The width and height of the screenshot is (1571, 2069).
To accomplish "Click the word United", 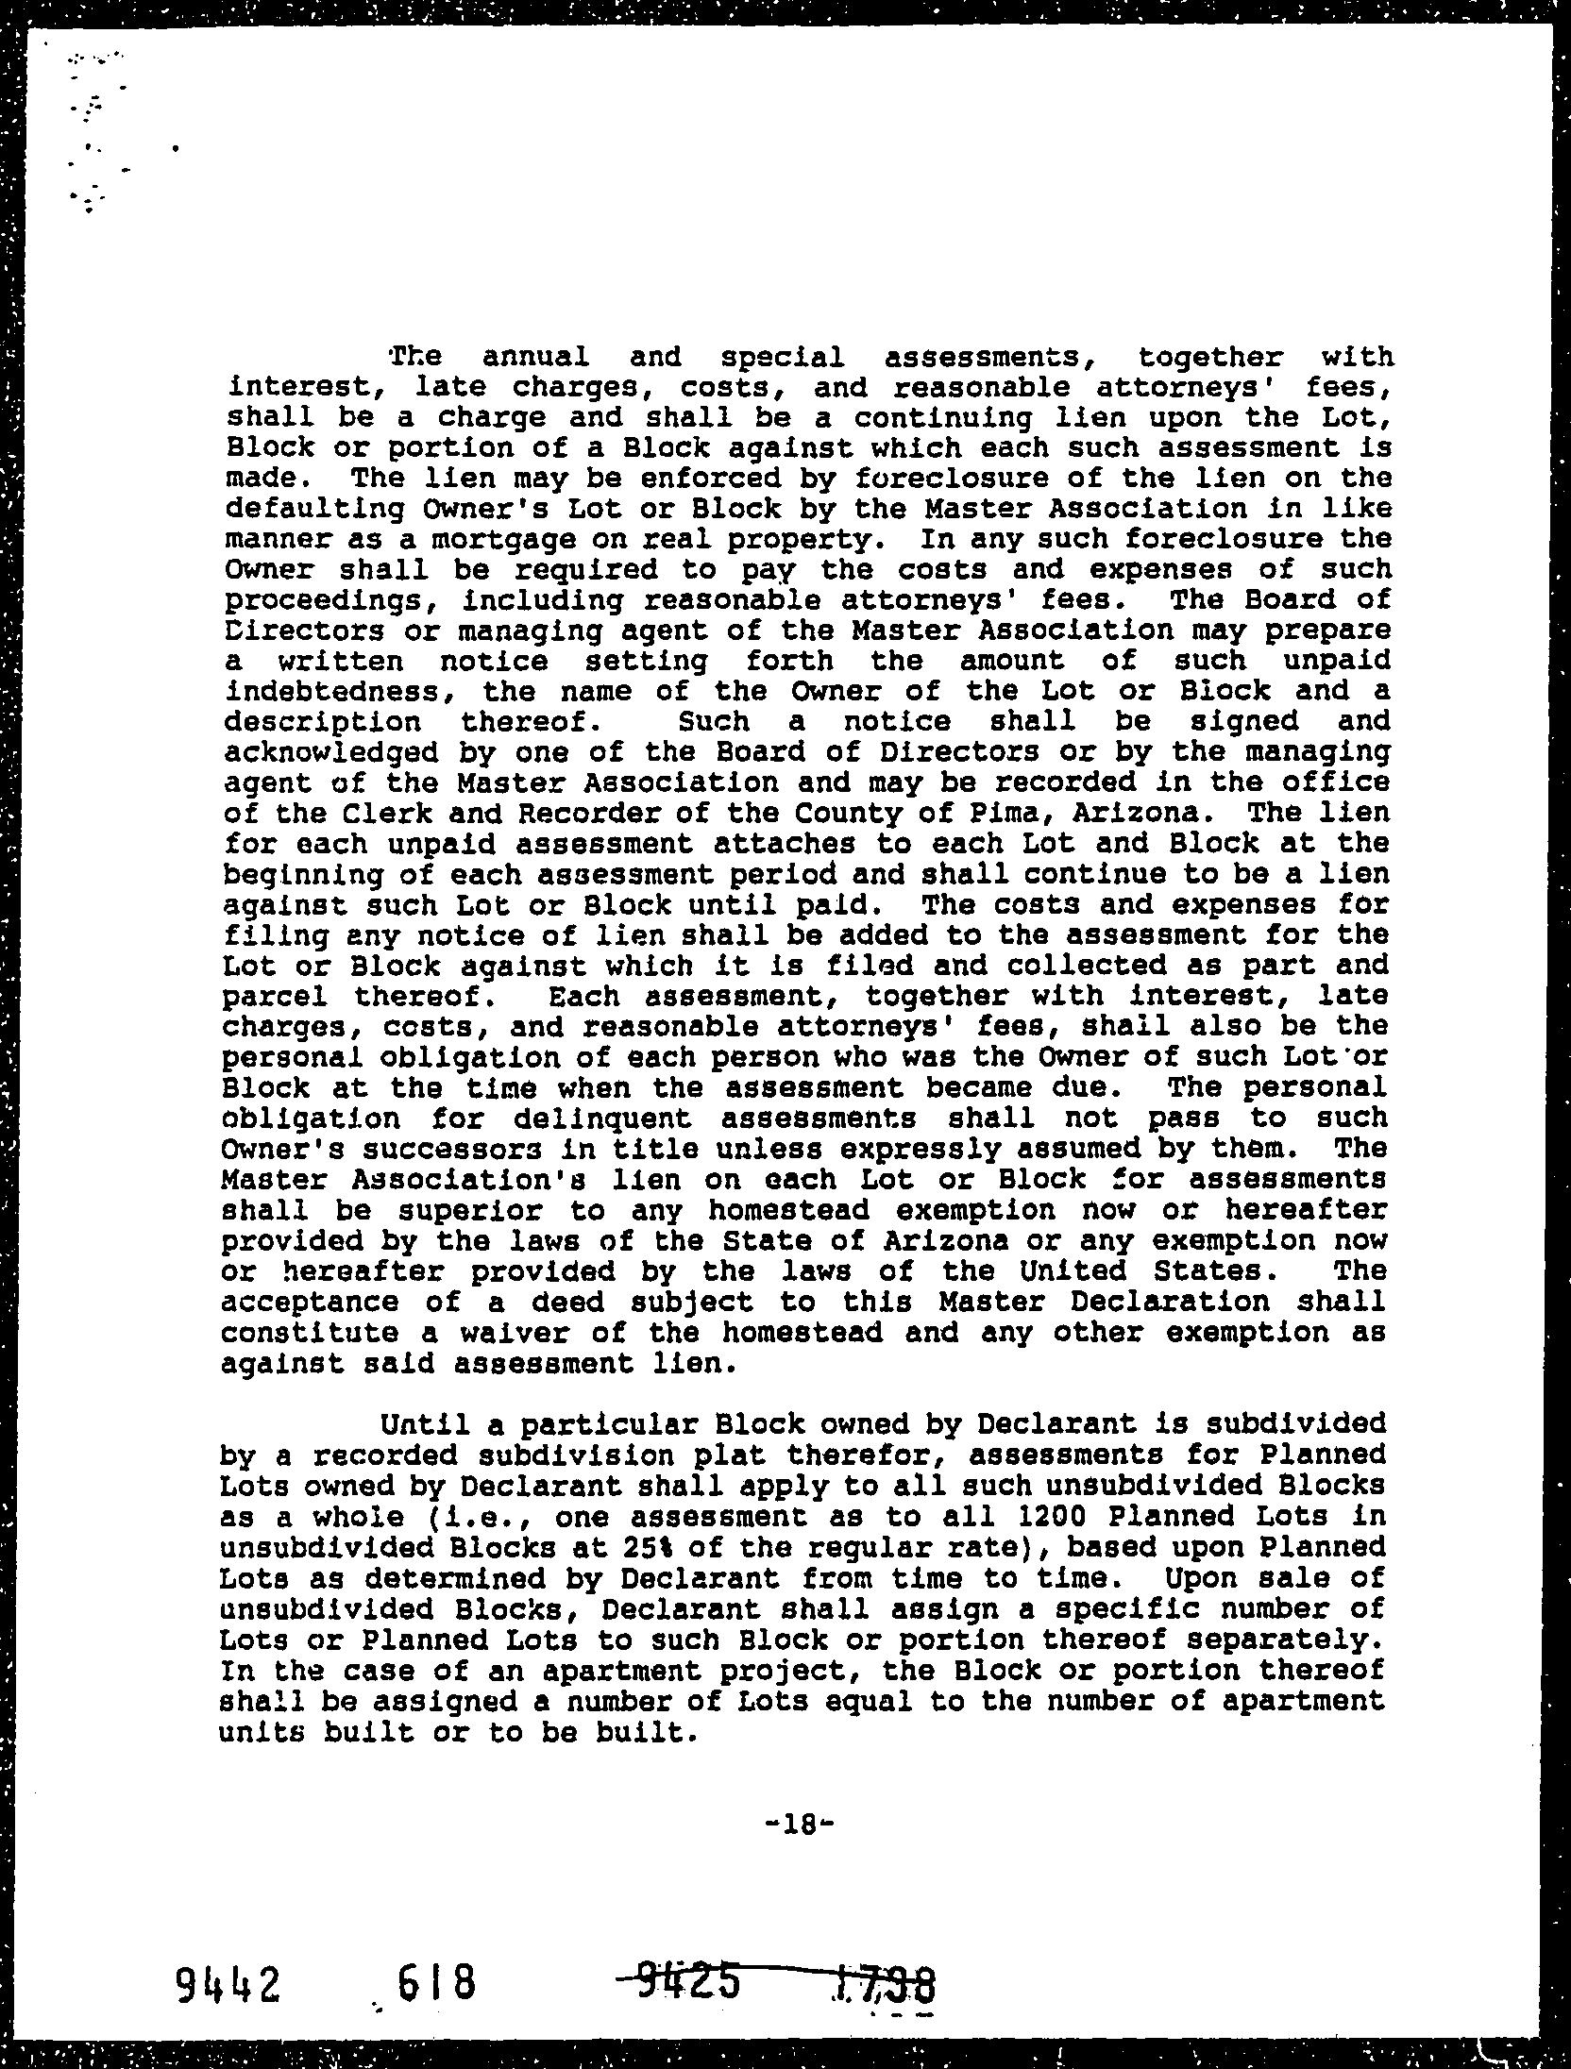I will point(1034,1271).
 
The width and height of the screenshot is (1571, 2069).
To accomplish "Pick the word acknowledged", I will point(330,752).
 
